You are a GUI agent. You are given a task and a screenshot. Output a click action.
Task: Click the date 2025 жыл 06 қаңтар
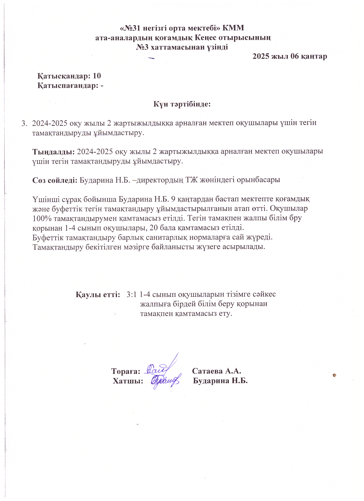click(290, 56)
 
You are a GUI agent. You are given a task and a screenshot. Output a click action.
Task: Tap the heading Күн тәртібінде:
click(182, 104)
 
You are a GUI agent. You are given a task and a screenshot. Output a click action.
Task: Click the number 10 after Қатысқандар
click(97, 76)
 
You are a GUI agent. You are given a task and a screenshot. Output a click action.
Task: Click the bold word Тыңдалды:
click(54, 151)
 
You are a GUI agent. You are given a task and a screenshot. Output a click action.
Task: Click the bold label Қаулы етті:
click(98, 294)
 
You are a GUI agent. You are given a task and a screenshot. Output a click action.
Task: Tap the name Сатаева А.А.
click(217, 371)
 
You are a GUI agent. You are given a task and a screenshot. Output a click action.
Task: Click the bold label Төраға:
click(126, 371)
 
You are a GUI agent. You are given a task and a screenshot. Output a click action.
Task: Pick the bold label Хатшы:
click(128, 381)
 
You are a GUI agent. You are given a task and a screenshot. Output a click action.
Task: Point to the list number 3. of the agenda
click(25, 123)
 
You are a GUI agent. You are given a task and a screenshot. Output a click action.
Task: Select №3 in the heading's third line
click(142, 47)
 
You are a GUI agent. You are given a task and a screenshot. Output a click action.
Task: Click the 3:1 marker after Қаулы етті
click(132, 294)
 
